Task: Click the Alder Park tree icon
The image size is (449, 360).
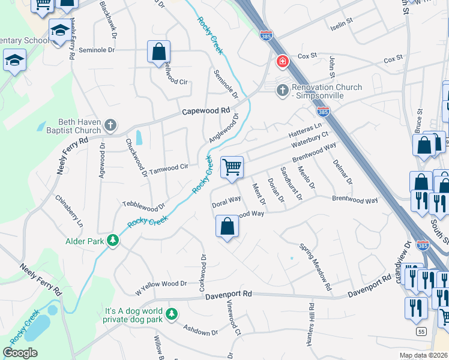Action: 112,241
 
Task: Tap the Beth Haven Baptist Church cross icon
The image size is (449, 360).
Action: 110,125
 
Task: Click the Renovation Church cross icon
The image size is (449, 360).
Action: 282,91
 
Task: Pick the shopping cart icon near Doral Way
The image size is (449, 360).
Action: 232,167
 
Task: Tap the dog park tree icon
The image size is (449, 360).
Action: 172,313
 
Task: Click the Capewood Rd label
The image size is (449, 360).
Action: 206,111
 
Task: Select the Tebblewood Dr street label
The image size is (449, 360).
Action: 143,205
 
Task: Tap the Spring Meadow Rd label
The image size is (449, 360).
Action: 315,267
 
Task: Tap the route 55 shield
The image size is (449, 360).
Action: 422,331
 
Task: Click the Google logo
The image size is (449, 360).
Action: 20,353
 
